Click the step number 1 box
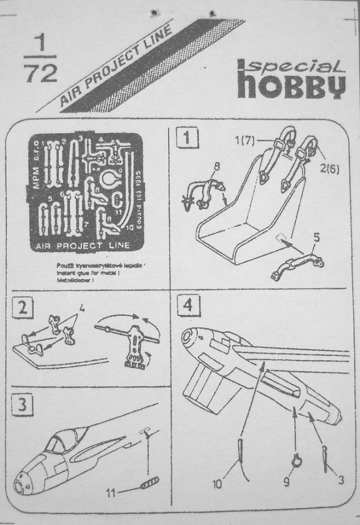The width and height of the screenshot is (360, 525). point(187,137)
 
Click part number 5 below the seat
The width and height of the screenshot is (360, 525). point(316,238)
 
